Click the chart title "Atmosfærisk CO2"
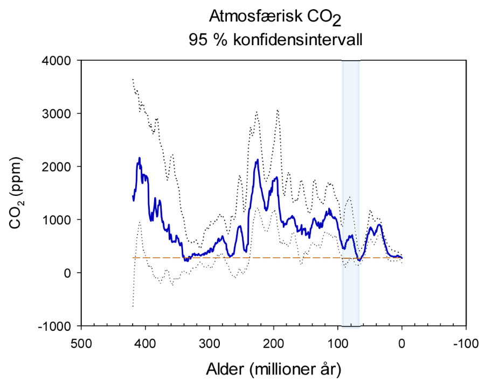click(276, 18)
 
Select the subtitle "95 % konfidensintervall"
click(276, 40)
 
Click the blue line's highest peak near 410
click(140, 158)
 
